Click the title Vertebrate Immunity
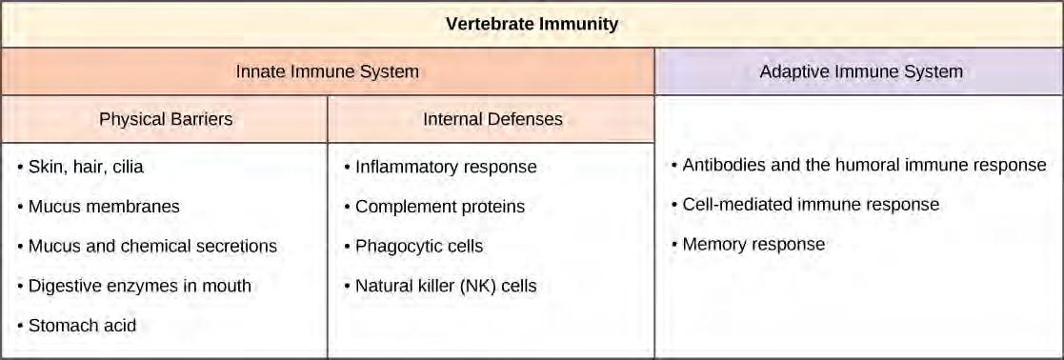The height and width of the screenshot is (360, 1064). pyautogui.click(x=532, y=25)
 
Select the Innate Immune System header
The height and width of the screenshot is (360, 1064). pyautogui.click(x=327, y=71)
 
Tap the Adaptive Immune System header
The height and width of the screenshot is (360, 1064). pyautogui.click(x=861, y=71)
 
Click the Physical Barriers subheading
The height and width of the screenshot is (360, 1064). pyautogui.click(x=166, y=119)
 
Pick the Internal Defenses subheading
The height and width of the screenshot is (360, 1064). pyautogui.click(x=492, y=119)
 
